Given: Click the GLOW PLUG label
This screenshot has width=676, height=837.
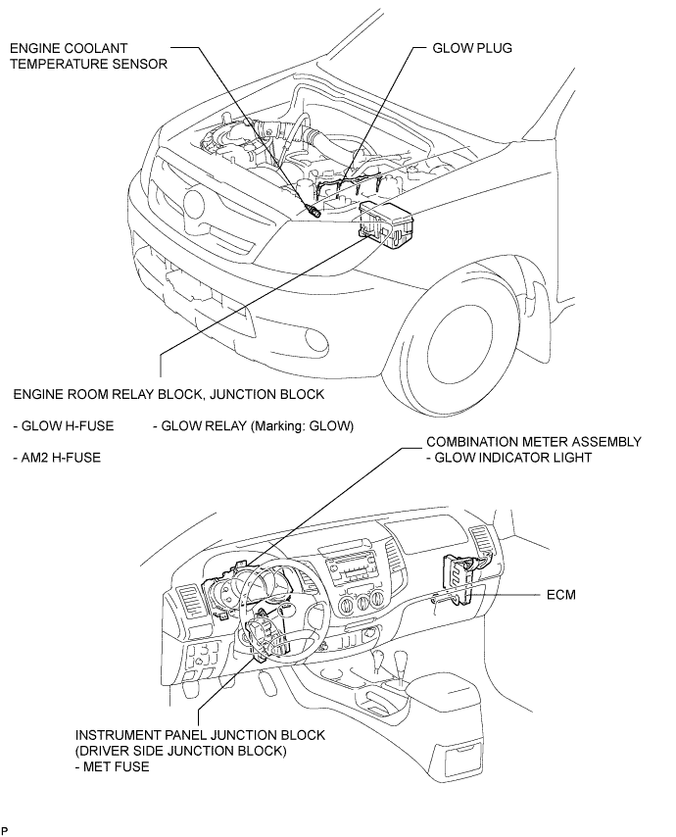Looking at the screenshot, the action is pos(471,48).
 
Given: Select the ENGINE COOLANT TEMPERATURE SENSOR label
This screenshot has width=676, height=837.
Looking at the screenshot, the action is pos(88,56).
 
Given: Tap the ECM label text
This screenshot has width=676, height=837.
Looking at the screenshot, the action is pos(560,595).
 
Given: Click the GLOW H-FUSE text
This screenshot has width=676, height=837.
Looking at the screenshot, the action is pos(64,426).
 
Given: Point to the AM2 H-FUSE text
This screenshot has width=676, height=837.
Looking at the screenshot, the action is pos(57,458).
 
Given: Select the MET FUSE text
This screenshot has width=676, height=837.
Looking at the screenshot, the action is pos(113,767).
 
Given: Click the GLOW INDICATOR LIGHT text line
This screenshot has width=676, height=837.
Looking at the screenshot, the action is pos(509,458).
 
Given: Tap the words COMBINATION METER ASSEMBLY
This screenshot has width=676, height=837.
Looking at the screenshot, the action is pos(534,442).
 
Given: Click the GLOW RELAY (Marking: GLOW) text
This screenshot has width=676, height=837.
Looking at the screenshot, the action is pos(254,426).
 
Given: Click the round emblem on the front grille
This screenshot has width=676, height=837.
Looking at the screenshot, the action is pos(192,204).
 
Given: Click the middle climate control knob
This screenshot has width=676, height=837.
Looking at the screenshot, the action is pos(362,604).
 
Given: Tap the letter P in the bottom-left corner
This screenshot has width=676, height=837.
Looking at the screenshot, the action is pos(4,830).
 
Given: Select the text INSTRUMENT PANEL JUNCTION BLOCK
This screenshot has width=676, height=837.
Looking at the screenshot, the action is pos(200,735).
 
